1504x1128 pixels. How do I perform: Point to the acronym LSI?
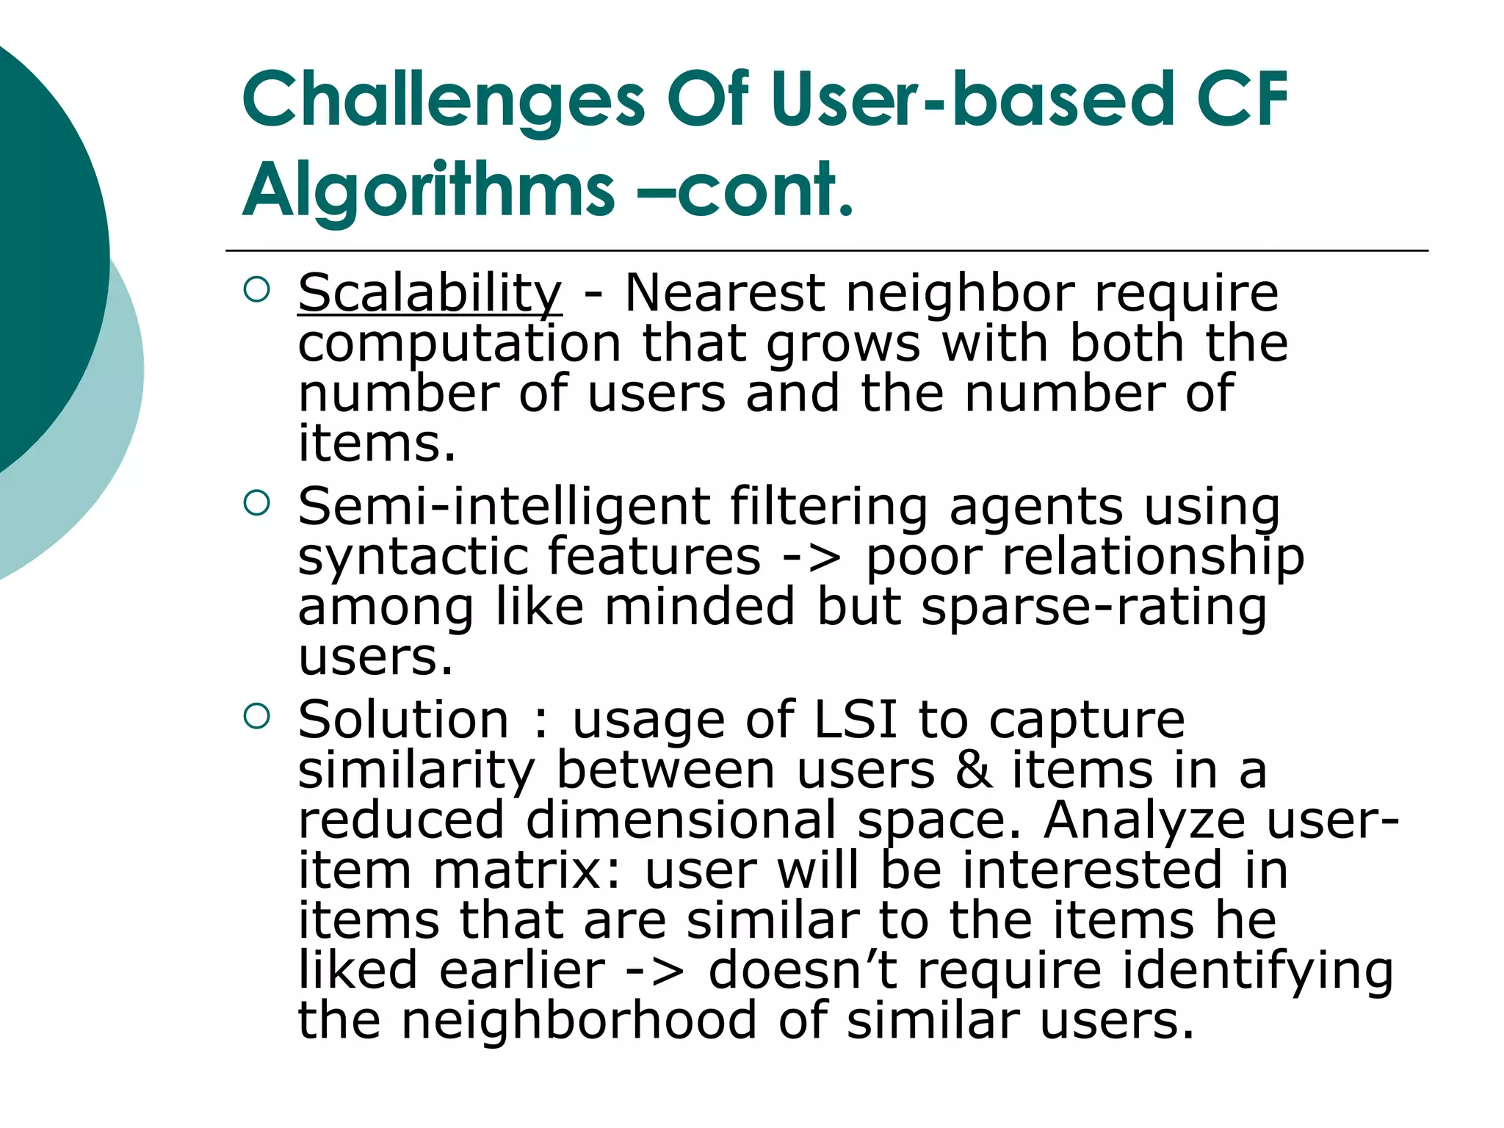point(856,720)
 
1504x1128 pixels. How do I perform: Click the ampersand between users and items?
point(974,770)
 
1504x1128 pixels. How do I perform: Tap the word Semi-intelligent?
point(504,507)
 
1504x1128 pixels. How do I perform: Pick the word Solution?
point(403,720)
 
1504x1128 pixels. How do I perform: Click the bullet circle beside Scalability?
point(256,290)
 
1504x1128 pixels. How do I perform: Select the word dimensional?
point(681,820)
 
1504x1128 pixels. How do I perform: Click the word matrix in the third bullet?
point(527,871)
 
